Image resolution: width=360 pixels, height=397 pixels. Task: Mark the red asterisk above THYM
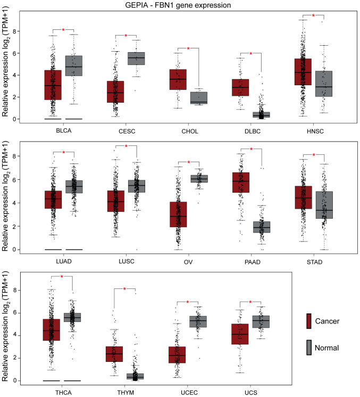click(x=124, y=289)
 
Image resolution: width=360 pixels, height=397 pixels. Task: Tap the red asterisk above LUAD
click(x=63, y=153)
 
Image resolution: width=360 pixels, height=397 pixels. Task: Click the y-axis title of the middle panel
click(x=6, y=197)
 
